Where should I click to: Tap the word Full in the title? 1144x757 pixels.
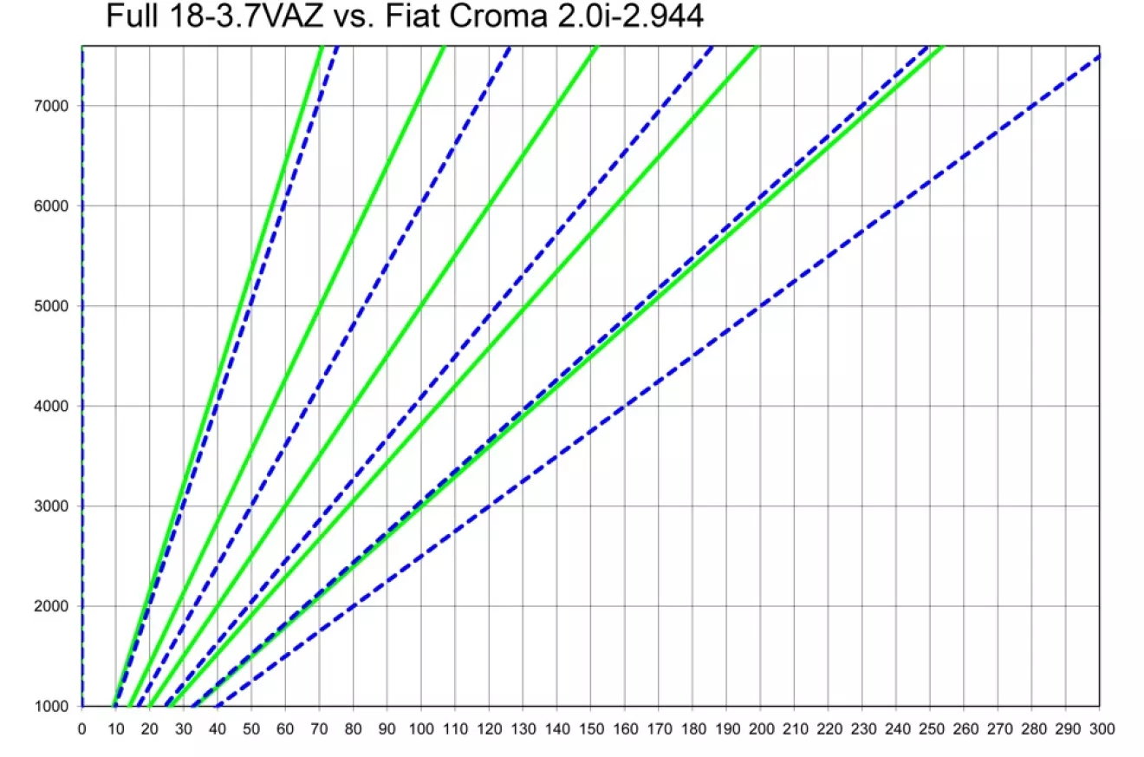pyautogui.click(x=132, y=16)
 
